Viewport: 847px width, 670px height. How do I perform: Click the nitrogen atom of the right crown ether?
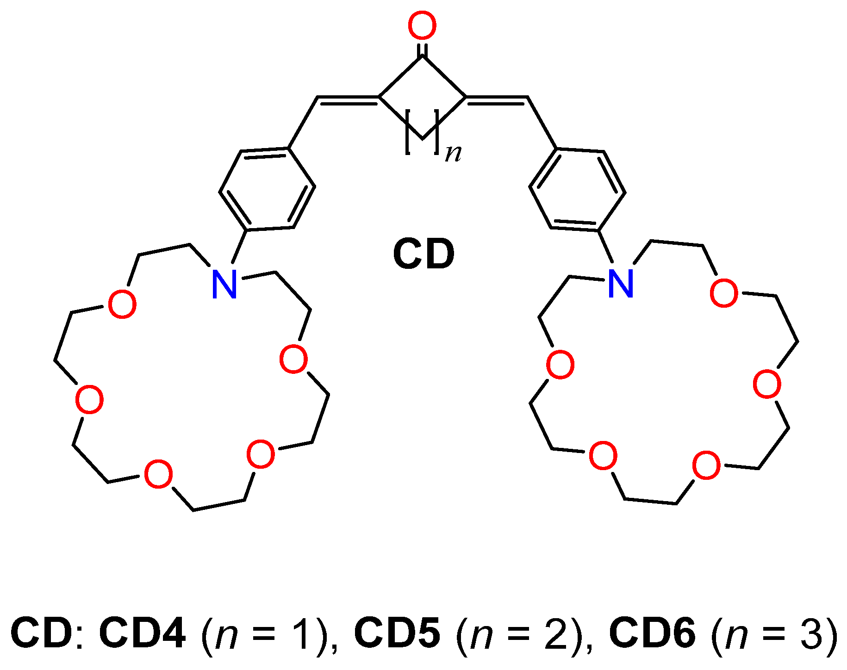(621, 284)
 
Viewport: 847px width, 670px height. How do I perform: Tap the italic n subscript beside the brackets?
(453, 153)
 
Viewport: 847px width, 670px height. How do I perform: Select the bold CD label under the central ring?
(423, 254)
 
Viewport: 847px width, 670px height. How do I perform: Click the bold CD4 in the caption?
(143, 633)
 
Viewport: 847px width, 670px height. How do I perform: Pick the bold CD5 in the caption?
(397, 633)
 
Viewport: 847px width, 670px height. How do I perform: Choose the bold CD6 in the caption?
(652, 633)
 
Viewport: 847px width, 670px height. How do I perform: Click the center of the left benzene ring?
(268, 189)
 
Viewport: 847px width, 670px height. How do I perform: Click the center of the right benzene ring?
(578, 190)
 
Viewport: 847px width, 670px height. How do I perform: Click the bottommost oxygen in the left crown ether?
(158, 474)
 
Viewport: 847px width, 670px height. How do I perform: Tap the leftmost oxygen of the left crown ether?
(89, 400)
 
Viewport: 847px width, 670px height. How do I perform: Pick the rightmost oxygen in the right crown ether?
(767, 384)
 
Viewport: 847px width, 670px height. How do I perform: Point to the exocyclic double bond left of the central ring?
(348, 99)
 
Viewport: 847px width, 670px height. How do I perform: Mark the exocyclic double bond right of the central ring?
(497, 99)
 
